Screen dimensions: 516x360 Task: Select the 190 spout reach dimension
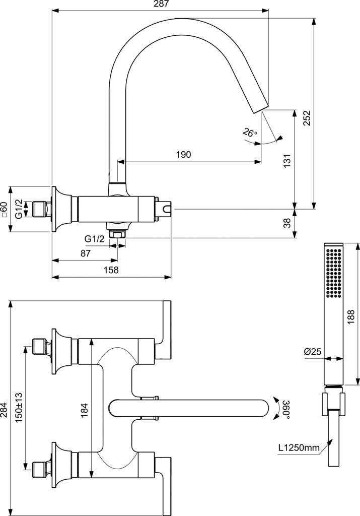pos(184,155)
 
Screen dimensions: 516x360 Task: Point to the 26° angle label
pos(250,133)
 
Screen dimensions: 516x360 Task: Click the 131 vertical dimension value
pos(287,160)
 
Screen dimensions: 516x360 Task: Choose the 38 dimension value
pos(287,222)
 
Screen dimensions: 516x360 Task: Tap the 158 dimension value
pos(111,270)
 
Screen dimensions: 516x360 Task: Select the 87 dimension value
pos(85,253)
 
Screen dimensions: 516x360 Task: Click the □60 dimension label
pos(5,209)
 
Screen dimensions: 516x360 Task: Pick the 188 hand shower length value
pos(352,316)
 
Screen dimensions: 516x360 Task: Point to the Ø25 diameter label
pos(313,352)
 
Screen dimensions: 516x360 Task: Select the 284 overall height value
pos(5,409)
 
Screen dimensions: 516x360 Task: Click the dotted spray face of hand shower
pos(334,272)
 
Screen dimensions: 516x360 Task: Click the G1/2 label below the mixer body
pos(94,238)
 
